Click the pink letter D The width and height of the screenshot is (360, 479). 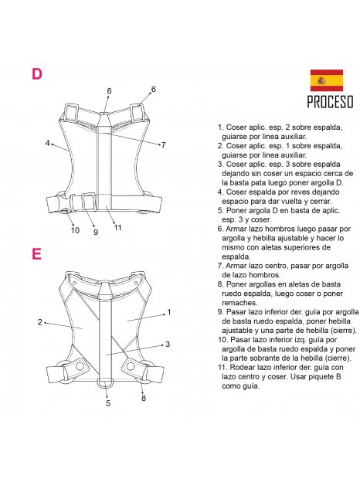click(37, 74)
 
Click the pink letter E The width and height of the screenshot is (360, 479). click(36, 253)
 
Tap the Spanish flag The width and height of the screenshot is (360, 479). click(327, 80)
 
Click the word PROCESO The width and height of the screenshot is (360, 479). click(330, 102)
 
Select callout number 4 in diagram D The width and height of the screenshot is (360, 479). click(47, 143)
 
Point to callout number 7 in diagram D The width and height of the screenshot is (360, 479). click(163, 144)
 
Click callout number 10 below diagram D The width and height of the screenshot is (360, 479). click(75, 230)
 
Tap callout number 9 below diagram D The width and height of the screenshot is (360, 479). click(96, 232)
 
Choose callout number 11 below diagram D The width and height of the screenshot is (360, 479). click(117, 227)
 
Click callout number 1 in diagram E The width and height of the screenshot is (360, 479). click(169, 312)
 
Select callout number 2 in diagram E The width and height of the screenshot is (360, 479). click(39, 322)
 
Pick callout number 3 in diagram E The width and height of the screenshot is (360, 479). click(168, 344)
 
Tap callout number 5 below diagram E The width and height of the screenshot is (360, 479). click(108, 403)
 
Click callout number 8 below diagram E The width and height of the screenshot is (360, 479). click(143, 398)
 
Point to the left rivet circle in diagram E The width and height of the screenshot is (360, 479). click(80, 365)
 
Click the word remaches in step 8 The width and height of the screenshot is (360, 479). click(239, 303)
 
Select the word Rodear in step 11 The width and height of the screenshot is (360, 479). click(240, 367)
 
